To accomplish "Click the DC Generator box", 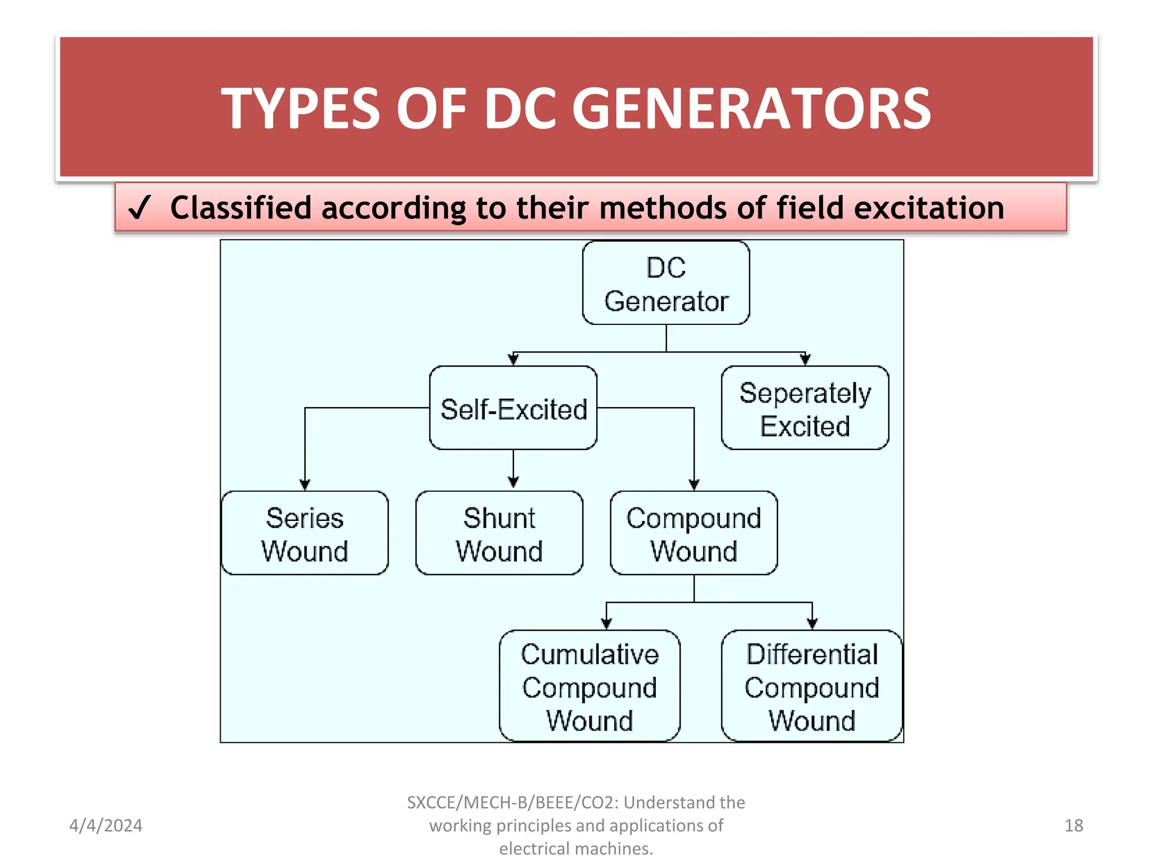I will click(666, 283).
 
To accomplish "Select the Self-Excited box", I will click(513, 408).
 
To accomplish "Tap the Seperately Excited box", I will click(805, 408).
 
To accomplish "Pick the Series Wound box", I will click(305, 533).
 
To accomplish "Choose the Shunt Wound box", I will click(499, 533).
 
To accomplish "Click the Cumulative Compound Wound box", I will click(589, 686).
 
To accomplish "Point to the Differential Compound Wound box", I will click(811, 686).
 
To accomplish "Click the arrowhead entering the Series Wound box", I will click(305, 485).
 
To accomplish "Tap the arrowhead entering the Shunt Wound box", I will click(513, 482).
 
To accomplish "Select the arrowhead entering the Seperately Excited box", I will click(805, 359).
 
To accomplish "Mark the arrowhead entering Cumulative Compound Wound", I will click(606, 623).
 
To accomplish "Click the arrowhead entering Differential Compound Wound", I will click(812, 623).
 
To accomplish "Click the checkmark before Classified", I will click(139, 208).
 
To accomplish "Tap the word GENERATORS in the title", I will click(752, 109).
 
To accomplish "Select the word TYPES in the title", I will click(301, 109).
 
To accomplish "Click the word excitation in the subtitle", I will click(929, 208).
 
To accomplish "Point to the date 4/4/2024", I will click(106, 826).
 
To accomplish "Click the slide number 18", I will click(1074, 826).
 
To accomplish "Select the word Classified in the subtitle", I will click(240, 208).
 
